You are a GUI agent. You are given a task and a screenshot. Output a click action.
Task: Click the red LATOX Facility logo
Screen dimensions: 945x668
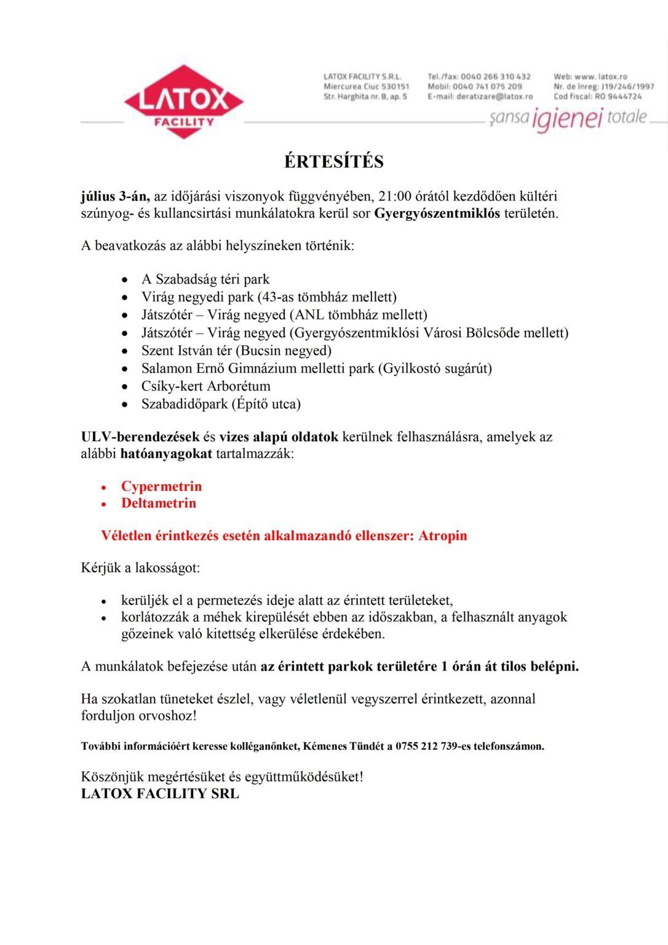click(x=183, y=102)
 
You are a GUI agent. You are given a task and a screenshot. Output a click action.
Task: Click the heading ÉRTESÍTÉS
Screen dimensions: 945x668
click(x=333, y=162)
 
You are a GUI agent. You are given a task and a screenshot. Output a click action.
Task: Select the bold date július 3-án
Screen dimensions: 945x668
click(x=115, y=197)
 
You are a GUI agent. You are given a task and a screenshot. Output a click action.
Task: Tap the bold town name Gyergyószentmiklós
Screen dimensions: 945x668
click(x=437, y=214)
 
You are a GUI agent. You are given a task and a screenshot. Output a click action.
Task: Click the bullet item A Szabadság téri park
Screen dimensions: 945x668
click(x=205, y=279)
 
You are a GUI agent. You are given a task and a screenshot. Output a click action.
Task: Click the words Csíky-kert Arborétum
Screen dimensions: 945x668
click(x=205, y=386)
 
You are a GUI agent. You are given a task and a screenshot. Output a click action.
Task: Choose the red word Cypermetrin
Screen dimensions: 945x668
click(x=161, y=487)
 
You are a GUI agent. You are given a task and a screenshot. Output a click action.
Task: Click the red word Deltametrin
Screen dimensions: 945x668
click(x=159, y=503)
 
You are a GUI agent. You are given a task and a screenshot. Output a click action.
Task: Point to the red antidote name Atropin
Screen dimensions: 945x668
click(x=442, y=536)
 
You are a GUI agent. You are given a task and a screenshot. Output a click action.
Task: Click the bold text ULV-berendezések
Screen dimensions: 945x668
click(x=140, y=437)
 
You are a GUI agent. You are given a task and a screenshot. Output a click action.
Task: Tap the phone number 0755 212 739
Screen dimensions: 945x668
click(x=426, y=746)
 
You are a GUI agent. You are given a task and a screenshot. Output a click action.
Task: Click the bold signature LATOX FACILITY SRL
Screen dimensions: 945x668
click(x=160, y=794)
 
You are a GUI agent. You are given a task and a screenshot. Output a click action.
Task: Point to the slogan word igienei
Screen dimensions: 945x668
click(x=567, y=119)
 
